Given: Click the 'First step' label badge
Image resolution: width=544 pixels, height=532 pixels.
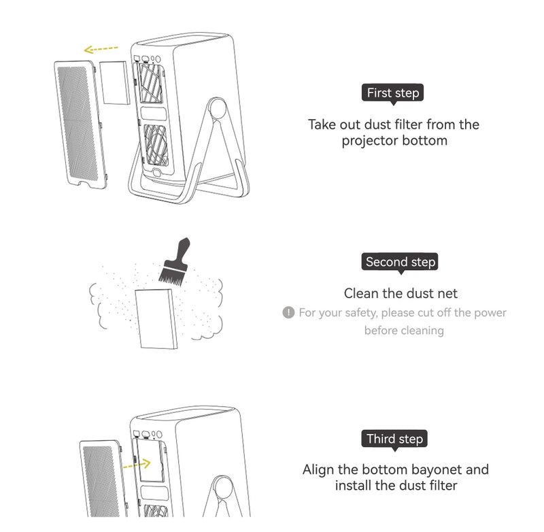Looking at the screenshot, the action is point(392,93).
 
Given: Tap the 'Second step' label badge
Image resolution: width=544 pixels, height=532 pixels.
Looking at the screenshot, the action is point(400,262).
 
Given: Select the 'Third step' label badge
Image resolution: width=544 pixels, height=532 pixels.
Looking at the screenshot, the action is point(394,439).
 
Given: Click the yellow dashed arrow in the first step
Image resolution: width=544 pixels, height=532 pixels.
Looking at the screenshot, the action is point(101,49).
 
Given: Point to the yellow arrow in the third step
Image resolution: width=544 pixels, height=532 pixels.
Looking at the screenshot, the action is point(137,465).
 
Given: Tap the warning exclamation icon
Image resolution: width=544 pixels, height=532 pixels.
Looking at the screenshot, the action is point(288,312).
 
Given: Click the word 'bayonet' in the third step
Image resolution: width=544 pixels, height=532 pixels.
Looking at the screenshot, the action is point(430,469).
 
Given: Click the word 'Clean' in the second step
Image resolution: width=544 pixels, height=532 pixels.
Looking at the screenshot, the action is point(361,294).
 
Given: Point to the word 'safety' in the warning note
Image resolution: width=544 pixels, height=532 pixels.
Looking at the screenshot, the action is point(360,313).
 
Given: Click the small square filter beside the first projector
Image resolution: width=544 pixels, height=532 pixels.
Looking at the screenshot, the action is point(114,82).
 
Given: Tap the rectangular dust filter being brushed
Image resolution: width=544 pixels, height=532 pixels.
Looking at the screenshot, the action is point(157,318).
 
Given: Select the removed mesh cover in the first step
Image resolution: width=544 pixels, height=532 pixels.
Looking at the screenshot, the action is point(81,124).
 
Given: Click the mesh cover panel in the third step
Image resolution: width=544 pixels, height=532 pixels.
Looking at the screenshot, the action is point(103,478).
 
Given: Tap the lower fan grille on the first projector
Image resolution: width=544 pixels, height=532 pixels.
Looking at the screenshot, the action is point(156,145).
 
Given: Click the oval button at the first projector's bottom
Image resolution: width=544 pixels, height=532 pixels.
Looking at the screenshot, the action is point(156,173).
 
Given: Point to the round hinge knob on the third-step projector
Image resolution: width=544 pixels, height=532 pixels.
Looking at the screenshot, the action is point(222,486).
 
